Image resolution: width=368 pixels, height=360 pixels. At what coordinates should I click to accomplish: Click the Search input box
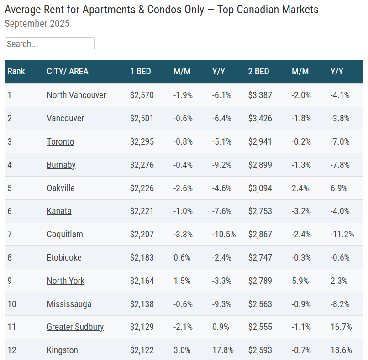coord(49,44)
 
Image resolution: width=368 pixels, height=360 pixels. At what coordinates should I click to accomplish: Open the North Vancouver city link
coord(76,95)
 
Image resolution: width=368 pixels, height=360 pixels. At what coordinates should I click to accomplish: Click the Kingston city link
coord(62,350)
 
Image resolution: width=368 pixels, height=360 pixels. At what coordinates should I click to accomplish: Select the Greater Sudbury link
coord(75,327)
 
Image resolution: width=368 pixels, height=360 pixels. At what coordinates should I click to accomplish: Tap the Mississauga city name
coord(69,304)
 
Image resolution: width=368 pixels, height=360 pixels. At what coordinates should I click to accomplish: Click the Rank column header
coord(16,71)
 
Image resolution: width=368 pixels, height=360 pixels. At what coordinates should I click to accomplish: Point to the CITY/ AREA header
coord(68,71)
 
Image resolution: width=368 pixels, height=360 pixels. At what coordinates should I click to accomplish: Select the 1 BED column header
coord(140,71)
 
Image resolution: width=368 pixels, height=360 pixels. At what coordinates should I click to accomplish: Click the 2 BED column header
coord(258,71)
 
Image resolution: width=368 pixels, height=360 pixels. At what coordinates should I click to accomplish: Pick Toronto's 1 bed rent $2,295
coord(142,141)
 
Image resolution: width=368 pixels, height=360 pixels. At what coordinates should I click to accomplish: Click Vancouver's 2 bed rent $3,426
coord(260,118)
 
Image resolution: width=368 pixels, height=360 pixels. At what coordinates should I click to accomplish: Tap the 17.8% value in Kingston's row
coord(223,350)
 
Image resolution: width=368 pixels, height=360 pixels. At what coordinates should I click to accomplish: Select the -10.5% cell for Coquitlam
coord(224,234)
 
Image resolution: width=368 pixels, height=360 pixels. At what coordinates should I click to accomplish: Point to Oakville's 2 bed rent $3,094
coord(260,188)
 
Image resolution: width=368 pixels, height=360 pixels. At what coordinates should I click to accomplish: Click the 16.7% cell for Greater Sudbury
coord(341,327)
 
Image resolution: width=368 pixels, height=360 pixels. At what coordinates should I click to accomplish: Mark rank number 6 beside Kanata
coord(10,211)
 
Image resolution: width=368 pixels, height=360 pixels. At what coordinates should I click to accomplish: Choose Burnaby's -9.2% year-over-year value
coord(222,165)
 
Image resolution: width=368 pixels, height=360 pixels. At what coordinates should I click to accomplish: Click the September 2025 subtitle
coord(37,23)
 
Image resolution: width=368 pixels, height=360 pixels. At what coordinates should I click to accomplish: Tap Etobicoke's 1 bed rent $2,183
coord(142,257)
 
